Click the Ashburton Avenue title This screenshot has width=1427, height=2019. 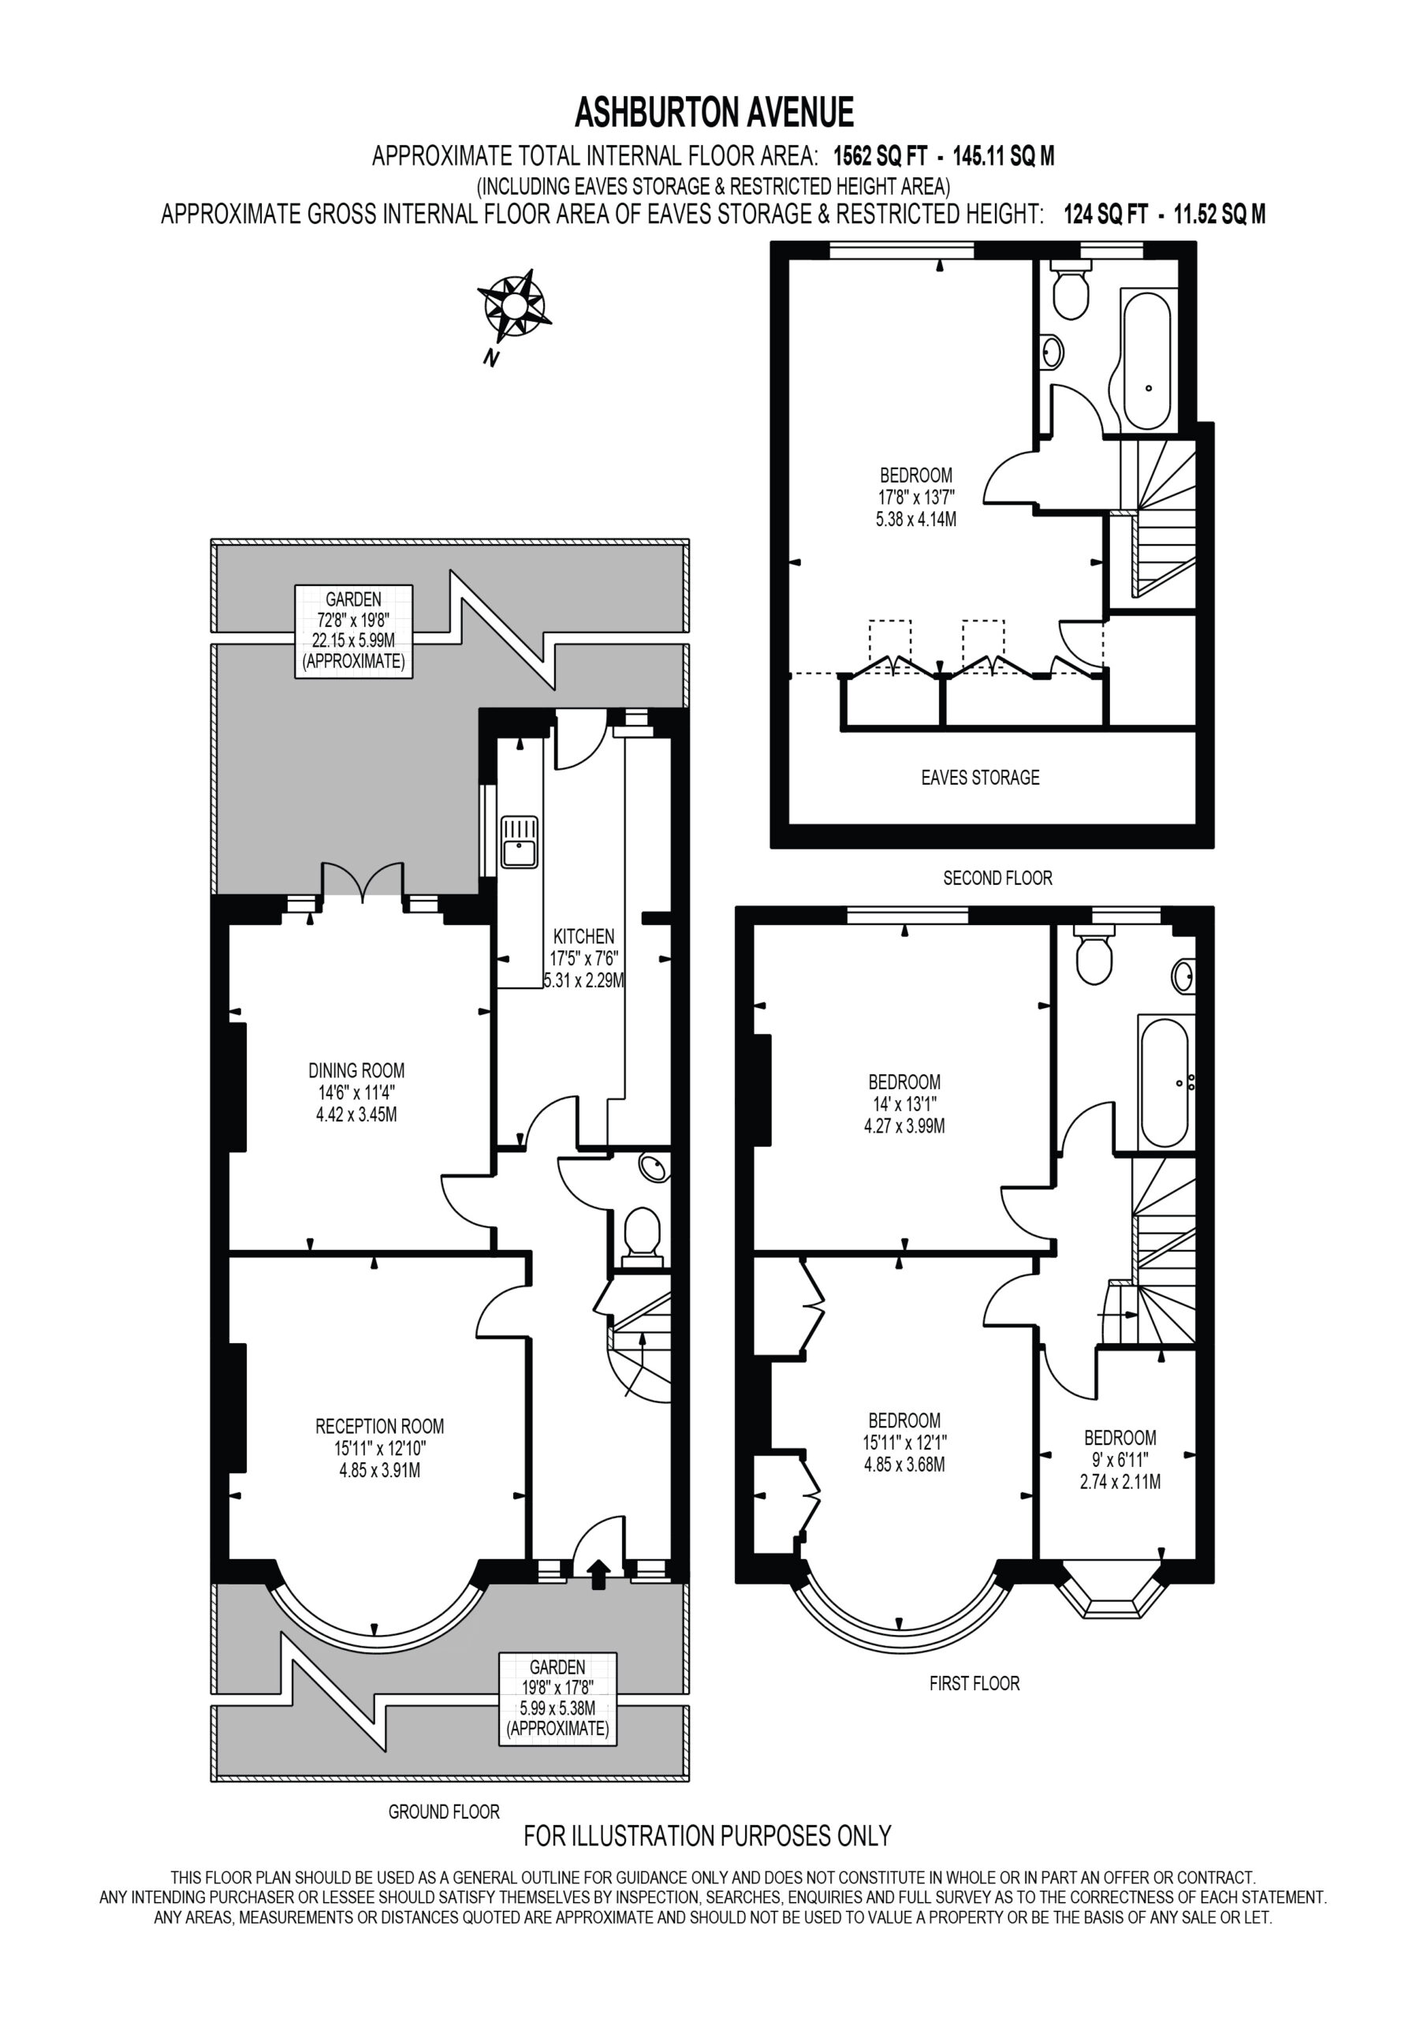(714, 113)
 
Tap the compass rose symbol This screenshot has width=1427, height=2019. (513, 306)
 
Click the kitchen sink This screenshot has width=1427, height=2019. (520, 842)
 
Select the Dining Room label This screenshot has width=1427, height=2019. (356, 1092)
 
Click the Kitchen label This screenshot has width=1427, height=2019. (584, 958)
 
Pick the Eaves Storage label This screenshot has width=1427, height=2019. (980, 778)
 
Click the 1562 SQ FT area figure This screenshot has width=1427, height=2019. (880, 156)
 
